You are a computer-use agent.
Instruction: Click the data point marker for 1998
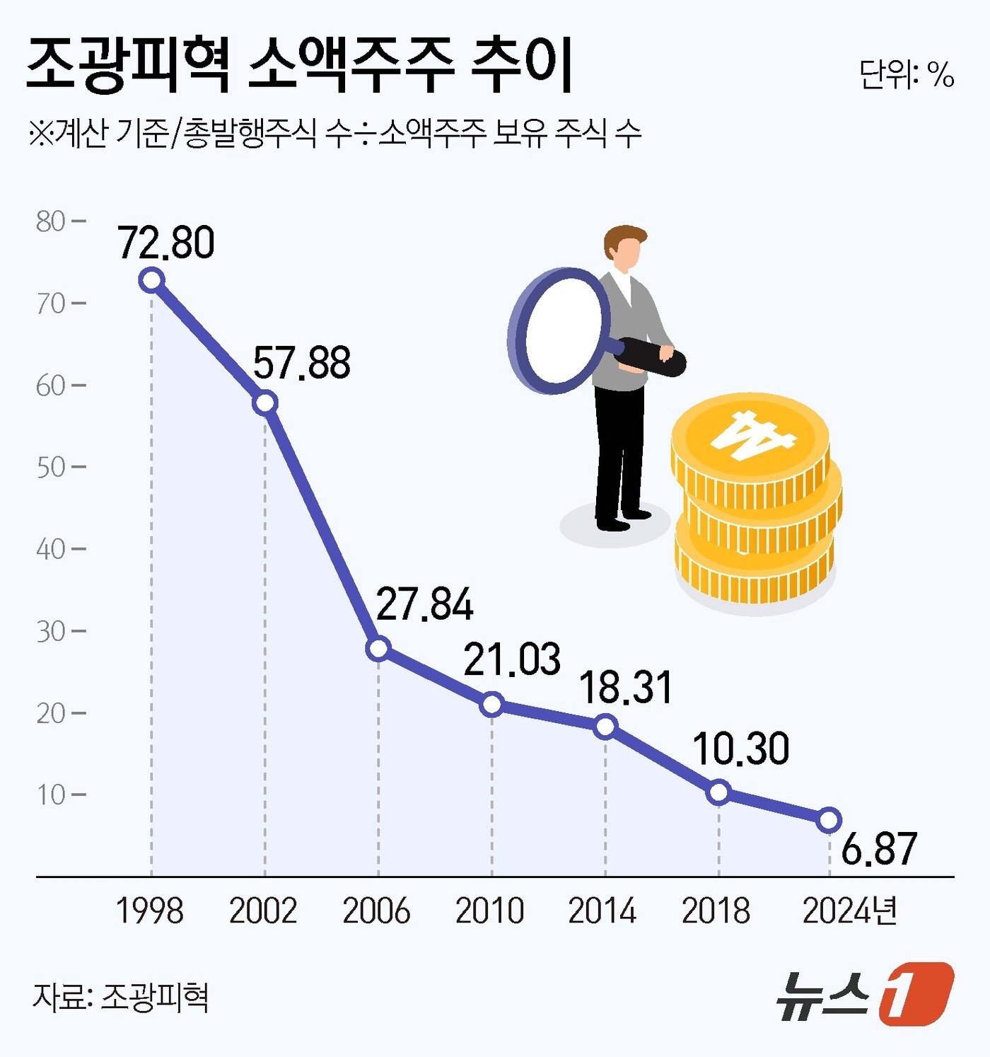[x=151, y=280]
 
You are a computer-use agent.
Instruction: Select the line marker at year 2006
[x=378, y=647]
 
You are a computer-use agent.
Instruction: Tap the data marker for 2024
[x=829, y=820]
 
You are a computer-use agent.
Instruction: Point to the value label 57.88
[x=302, y=363]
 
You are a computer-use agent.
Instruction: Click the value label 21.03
[x=512, y=659]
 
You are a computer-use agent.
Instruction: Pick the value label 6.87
[x=879, y=849]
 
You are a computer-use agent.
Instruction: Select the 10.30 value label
[x=740, y=749]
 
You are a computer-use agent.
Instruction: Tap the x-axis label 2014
[x=602, y=911]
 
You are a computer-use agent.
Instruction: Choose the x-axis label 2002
[x=263, y=911]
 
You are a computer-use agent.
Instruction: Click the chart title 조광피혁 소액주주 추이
[x=299, y=66]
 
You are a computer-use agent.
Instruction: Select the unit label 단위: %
[x=907, y=74]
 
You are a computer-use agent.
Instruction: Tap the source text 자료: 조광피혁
[x=120, y=998]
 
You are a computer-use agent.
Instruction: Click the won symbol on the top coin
[x=752, y=434]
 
